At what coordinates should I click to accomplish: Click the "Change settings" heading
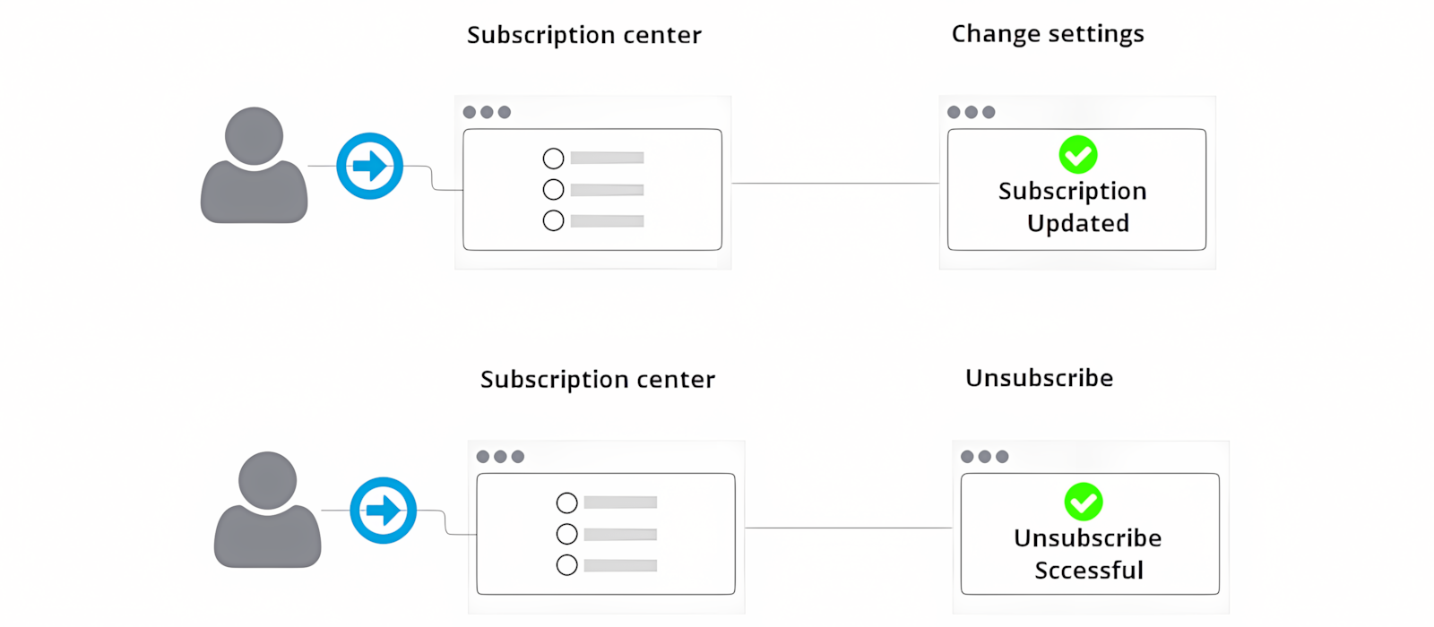pyautogui.click(x=1048, y=34)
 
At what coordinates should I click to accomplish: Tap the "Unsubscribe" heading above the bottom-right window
pyautogui.click(x=1039, y=378)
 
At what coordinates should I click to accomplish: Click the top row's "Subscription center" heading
pyautogui.click(x=583, y=35)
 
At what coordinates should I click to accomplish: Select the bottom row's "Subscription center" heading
pyautogui.click(x=598, y=380)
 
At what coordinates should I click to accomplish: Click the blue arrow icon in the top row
pyautogui.click(x=369, y=166)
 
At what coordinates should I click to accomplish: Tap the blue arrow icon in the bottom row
pyautogui.click(x=383, y=511)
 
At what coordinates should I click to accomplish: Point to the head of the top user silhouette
pyautogui.click(x=254, y=136)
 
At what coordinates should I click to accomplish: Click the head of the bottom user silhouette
pyautogui.click(x=267, y=480)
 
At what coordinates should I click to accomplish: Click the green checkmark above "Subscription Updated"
pyautogui.click(x=1077, y=155)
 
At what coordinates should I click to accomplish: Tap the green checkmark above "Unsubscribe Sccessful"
pyautogui.click(x=1083, y=502)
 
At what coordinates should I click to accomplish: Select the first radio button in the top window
pyautogui.click(x=553, y=159)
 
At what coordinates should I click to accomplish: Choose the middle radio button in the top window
pyautogui.click(x=553, y=190)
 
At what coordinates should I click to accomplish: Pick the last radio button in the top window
pyautogui.click(x=553, y=220)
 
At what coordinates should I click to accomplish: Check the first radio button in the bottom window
pyautogui.click(x=566, y=502)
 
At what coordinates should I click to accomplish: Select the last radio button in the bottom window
pyautogui.click(x=566, y=565)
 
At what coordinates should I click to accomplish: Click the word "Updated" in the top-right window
pyautogui.click(x=1077, y=223)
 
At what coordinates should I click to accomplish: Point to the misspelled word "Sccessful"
pyautogui.click(x=1089, y=571)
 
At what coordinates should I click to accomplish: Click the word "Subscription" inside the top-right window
pyautogui.click(x=1072, y=191)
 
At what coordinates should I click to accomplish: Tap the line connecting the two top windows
pyautogui.click(x=834, y=184)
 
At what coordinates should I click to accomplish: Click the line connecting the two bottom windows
pyautogui.click(x=848, y=528)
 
